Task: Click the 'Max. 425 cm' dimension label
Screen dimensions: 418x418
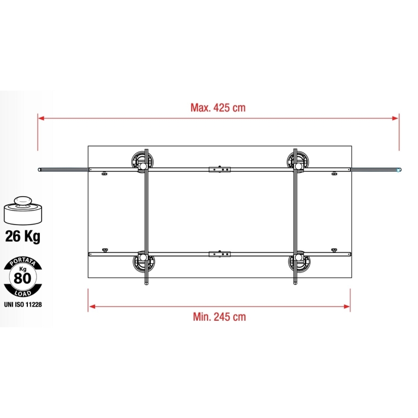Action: tap(218, 107)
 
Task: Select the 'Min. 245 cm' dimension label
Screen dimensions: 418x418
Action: tap(218, 317)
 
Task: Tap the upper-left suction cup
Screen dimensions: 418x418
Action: tap(141, 160)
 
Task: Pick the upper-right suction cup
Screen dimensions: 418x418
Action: tap(297, 160)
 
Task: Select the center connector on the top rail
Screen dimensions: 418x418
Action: tap(220, 169)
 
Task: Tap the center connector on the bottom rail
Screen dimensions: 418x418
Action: tap(220, 253)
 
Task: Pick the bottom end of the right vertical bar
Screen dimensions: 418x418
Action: tap(294, 283)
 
